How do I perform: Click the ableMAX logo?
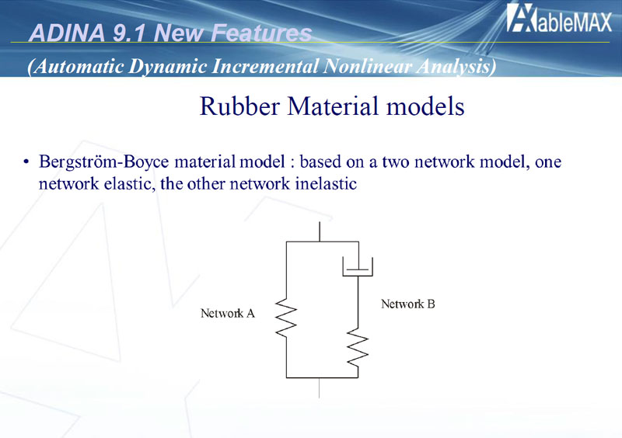pyautogui.click(x=559, y=18)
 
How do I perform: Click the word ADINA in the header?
pyautogui.click(x=67, y=33)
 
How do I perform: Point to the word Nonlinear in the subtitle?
pyautogui.click(x=367, y=66)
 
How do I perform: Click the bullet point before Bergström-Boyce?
pyautogui.click(x=26, y=162)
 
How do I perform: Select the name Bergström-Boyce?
pyautogui.click(x=103, y=162)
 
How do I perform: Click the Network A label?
pyautogui.click(x=228, y=314)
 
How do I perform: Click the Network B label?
pyautogui.click(x=408, y=304)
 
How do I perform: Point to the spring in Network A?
pyautogui.click(x=286, y=318)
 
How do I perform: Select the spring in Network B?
pyautogui.click(x=358, y=347)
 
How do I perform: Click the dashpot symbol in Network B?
pyautogui.click(x=358, y=266)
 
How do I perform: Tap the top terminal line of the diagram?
pyautogui.click(x=320, y=231)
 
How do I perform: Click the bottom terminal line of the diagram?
pyautogui.click(x=320, y=388)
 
